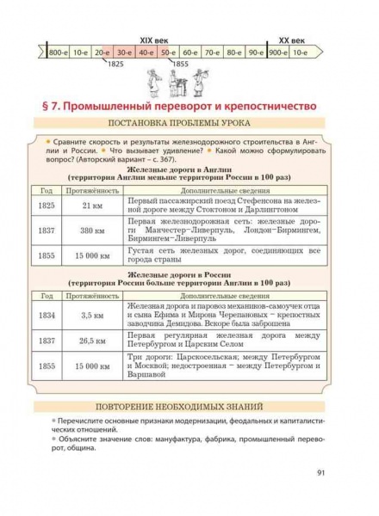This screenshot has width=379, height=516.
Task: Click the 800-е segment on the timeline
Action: (59, 53)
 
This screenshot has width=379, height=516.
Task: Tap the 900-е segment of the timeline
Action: (277, 53)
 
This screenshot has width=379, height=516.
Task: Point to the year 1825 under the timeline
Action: (116, 65)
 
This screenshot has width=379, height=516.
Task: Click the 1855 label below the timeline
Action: (179, 65)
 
